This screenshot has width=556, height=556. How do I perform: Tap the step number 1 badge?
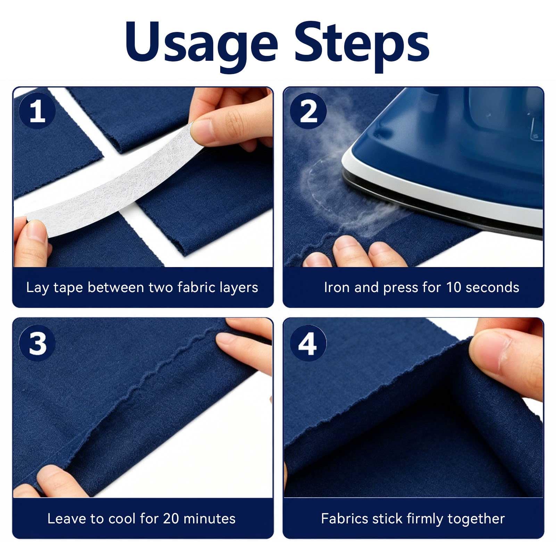point(37,111)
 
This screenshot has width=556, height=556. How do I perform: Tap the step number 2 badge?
point(308,111)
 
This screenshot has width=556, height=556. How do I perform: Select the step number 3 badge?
point(37,343)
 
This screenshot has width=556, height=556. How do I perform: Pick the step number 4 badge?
point(308,343)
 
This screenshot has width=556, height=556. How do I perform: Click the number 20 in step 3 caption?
point(171,519)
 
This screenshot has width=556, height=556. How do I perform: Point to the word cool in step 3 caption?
point(122,519)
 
